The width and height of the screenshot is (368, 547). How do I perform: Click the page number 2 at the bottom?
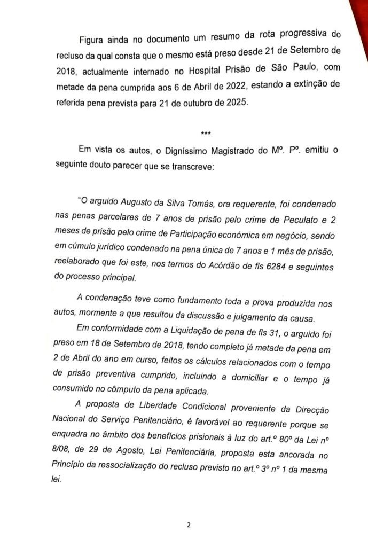[189, 525]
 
